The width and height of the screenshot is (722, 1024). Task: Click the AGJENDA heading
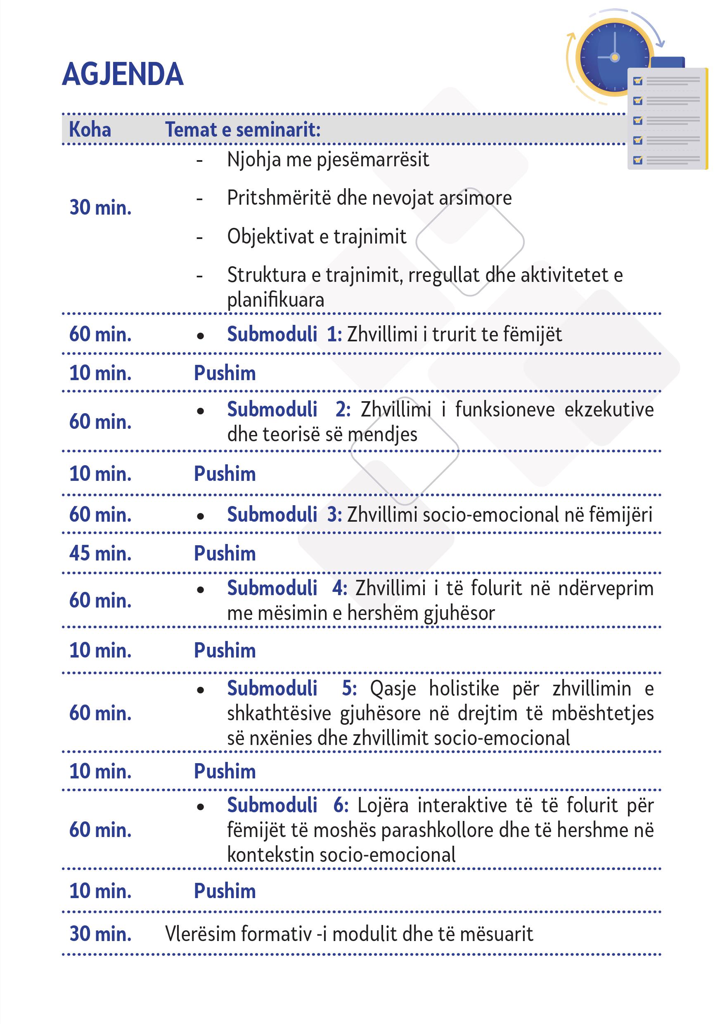[x=123, y=74]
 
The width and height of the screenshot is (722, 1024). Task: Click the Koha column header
[x=90, y=130]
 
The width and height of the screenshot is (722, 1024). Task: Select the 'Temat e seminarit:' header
[x=243, y=130]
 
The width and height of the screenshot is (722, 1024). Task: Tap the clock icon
[x=614, y=57]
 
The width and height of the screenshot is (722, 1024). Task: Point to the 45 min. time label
[x=100, y=553]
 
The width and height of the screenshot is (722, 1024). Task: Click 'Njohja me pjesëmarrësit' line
[x=328, y=160]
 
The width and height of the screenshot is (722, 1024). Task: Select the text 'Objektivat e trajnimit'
[x=317, y=236]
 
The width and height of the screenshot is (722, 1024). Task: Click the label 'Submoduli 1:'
[x=284, y=334]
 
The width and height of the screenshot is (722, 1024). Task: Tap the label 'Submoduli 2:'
[x=289, y=409]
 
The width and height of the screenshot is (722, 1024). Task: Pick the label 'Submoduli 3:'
[x=284, y=515]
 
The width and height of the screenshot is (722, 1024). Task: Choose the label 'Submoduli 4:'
[x=287, y=588]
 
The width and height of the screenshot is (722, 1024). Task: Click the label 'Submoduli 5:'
[x=292, y=688]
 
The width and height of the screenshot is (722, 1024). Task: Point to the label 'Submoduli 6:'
[x=287, y=805]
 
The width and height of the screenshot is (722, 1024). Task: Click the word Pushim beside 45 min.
[x=225, y=553]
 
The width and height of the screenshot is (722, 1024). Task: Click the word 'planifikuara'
[x=276, y=300]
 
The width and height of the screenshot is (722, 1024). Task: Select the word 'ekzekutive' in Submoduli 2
[x=609, y=409]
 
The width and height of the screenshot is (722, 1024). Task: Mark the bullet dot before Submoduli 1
[x=201, y=336]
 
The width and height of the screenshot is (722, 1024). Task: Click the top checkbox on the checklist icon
[x=638, y=81]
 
